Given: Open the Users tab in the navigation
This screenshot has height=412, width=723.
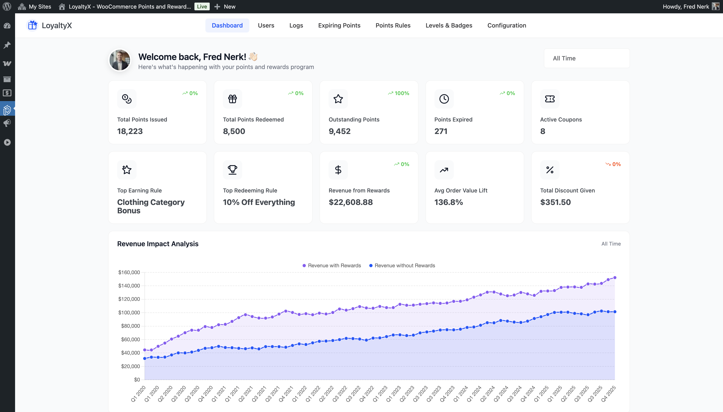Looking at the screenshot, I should [x=266, y=25].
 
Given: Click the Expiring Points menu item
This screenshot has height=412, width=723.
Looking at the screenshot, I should [x=339, y=25].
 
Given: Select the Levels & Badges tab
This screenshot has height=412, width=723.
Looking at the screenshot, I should [x=449, y=25].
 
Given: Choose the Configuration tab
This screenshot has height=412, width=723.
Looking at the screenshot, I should [x=507, y=25].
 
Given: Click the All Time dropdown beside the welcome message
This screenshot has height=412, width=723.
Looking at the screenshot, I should [x=586, y=58].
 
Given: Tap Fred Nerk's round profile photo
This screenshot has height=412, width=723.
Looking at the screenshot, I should [x=120, y=60].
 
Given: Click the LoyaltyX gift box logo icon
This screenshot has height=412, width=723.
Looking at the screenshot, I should [x=33, y=25].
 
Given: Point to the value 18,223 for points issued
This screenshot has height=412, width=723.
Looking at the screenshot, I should [x=130, y=131].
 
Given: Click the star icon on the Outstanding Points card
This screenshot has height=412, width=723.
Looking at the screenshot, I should [x=338, y=99].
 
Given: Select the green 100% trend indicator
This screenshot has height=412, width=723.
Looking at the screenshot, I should [x=399, y=93].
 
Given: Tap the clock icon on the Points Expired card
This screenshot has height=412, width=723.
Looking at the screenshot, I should [x=444, y=99].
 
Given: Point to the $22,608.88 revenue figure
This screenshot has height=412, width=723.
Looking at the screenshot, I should [x=351, y=202].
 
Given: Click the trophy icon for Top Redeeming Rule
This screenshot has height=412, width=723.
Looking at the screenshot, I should [x=232, y=170].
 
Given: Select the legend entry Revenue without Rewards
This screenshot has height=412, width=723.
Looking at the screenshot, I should [x=402, y=265].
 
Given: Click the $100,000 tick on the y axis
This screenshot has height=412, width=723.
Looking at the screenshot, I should [x=129, y=312].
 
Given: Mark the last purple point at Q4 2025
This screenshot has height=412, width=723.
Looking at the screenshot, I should [x=614, y=278].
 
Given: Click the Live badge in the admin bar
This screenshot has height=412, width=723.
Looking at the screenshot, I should [x=202, y=6].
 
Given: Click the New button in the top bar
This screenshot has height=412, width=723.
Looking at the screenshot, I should [x=225, y=6].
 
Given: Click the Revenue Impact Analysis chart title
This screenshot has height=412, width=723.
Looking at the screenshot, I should [x=158, y=244].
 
